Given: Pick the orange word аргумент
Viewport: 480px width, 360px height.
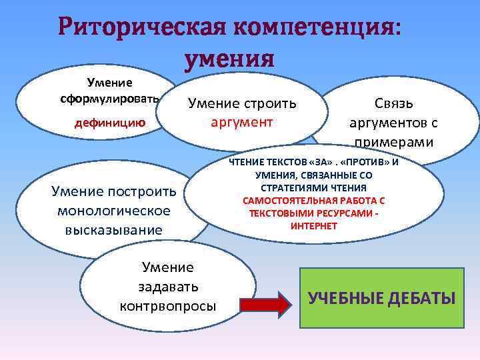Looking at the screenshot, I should click(241, 123).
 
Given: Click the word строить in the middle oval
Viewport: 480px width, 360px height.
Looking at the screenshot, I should click(271, 104).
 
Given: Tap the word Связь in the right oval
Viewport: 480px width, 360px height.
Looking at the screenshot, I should click(393, 104).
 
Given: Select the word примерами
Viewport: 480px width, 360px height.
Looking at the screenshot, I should click(393, 143).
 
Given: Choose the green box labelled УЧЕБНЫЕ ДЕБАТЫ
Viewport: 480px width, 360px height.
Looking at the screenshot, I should click(381, 297).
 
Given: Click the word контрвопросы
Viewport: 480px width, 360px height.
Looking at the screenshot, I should click(167, 307).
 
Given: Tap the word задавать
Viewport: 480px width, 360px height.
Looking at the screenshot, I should click(167, 287).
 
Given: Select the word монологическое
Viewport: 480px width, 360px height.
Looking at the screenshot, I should click(114, 211).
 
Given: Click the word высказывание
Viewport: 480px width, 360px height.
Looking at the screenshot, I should click(114, 230).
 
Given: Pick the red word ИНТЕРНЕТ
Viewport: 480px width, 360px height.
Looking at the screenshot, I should click(314, 226).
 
